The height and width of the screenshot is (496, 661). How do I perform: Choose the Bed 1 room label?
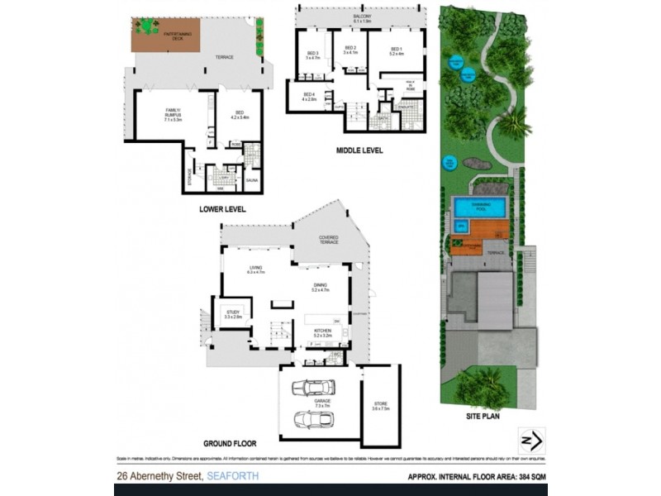(396, 51)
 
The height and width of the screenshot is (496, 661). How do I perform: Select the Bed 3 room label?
(312, 55)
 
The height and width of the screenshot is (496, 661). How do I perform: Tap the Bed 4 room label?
(310, 96)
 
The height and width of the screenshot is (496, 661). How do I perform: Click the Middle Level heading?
(358, 150)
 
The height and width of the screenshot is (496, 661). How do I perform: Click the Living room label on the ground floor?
(256, 269)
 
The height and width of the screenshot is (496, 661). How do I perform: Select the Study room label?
(233, 314)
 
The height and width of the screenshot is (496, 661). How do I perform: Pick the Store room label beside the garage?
(380, 406)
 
